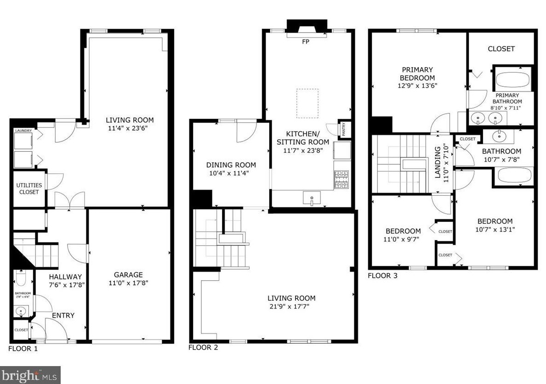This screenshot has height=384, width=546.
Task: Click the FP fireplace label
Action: click(x=306, y=42)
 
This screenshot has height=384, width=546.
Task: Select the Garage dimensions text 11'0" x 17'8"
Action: click(x=128, y=284)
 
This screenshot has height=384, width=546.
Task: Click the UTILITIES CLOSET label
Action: click(x=29, y=189)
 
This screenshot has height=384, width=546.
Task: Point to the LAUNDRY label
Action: click(x=23, y=131)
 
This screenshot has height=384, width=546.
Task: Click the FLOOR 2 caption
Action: click(x=203, y=348)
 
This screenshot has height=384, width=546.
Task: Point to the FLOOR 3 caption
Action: click(x=382, y=276)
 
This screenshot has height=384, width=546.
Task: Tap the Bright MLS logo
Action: click(x=30, y=375)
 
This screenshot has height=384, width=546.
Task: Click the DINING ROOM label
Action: click(x=231, y=165)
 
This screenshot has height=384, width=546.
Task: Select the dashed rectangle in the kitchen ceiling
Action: click(x=308, y=103)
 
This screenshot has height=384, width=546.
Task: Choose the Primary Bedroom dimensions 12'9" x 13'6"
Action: click(x=416, y=85)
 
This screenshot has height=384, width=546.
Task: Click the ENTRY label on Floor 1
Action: click(x=63, y=315)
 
